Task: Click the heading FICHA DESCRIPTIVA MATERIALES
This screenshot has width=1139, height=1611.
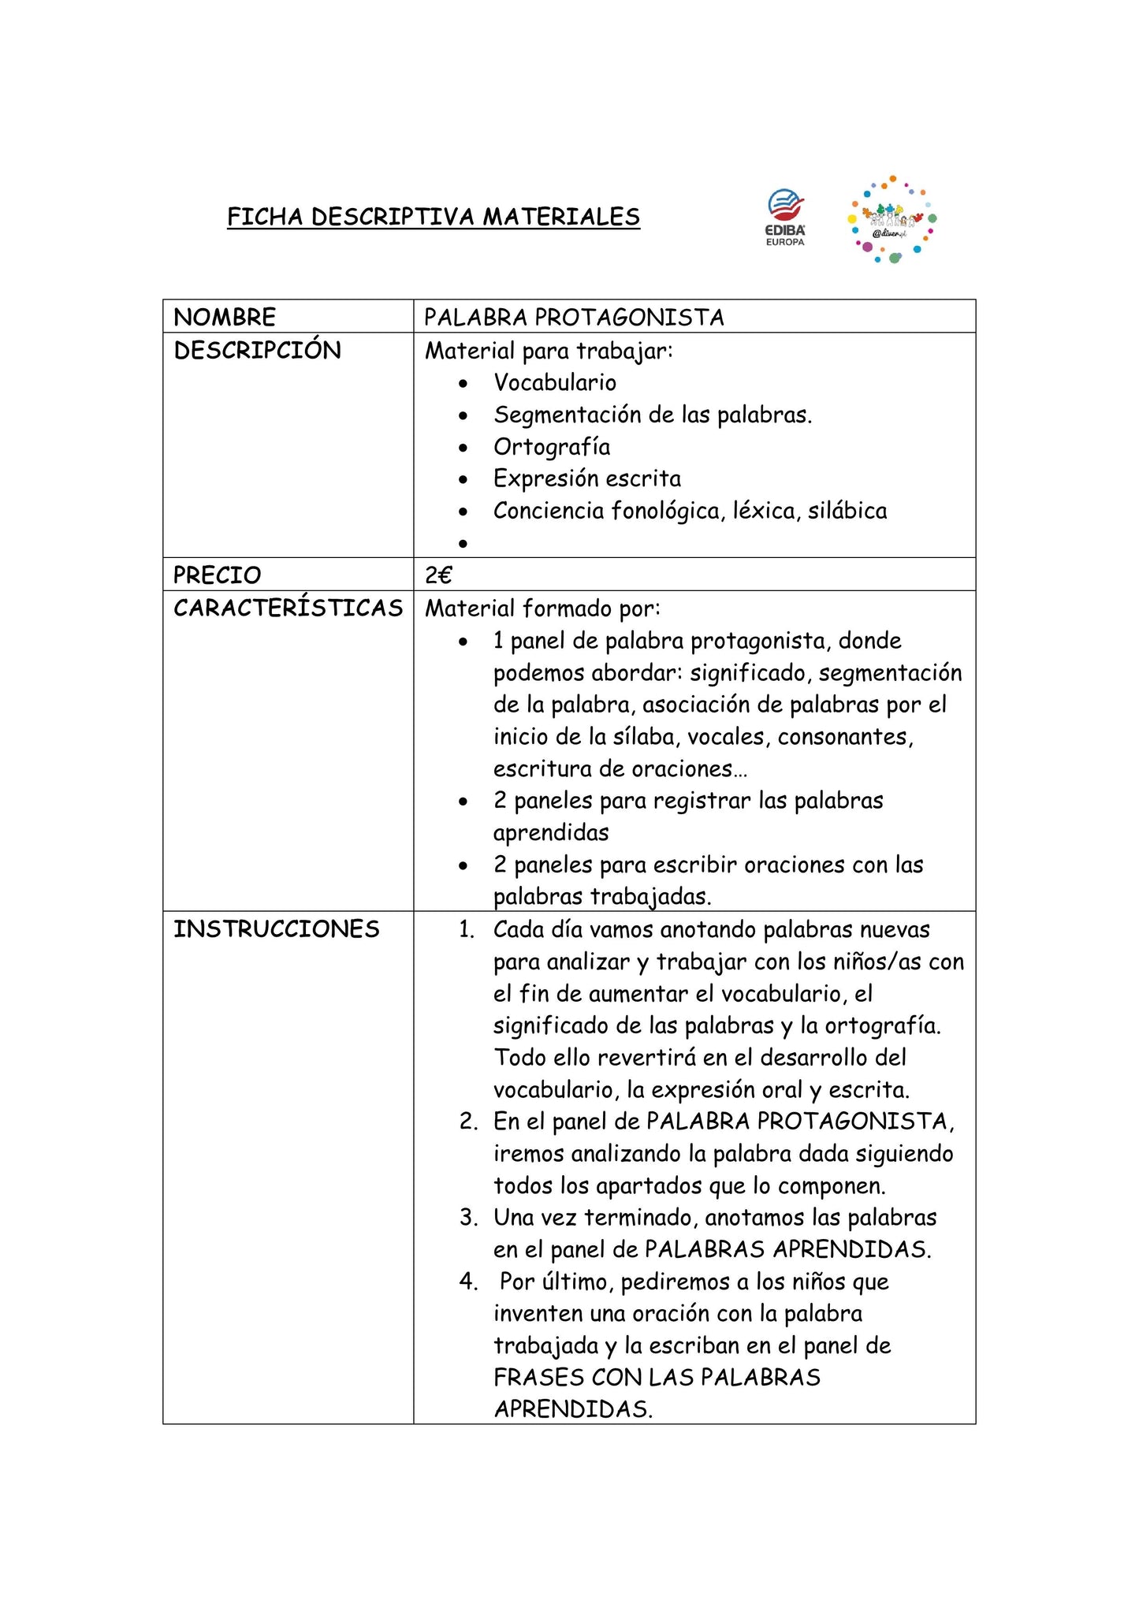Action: point(434,217)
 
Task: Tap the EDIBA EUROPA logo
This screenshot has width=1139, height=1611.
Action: point(786,218)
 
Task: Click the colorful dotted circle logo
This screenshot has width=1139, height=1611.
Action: point(891,220)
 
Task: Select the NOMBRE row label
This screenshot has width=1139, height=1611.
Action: point(225,317)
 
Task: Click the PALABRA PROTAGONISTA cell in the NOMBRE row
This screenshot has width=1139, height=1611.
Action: point(574,317)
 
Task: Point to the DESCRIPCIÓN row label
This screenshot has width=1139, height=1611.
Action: point(257,351)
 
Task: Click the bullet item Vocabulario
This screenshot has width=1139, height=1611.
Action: point(555,382)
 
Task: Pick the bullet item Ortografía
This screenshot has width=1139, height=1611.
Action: point(552,447)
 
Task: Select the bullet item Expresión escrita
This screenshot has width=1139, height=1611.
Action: point(587,478)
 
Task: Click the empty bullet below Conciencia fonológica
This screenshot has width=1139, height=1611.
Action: point(463,544)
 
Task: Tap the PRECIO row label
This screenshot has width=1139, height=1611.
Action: point(217,575)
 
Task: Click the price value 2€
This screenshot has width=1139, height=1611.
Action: point(438,575)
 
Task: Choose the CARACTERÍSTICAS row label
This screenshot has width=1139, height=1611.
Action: point(288,608)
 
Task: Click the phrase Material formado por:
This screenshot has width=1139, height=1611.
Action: point(542,608)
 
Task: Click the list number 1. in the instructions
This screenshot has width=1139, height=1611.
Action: point(467,930)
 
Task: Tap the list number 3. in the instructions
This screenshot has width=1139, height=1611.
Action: point(468,1218)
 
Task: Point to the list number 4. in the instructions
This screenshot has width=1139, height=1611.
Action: point(468,1282)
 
